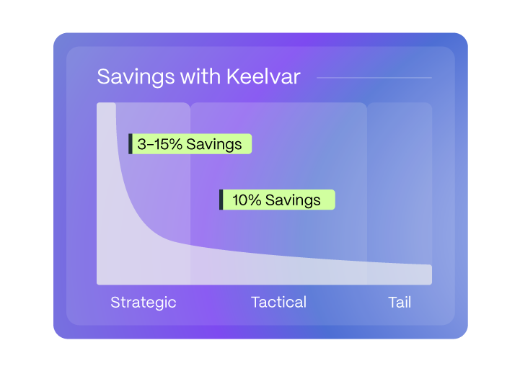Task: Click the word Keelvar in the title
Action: click(x=265, y=77)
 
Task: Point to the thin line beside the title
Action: click(x=374, y=77)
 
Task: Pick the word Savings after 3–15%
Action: click(x=213, y=144)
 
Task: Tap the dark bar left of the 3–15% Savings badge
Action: click(x=131, y=144)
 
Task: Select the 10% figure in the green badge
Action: click(x=247, y=200)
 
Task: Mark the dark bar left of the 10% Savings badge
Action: click(x=221, y=200)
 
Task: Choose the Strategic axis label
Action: click(x=143, y=302)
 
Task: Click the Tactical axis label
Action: click(x=278, y=302)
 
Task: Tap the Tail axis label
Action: click(x=400, y=302)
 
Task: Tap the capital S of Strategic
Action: click(x=115, y=302)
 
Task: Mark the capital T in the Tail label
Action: click(x=392, y=302)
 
